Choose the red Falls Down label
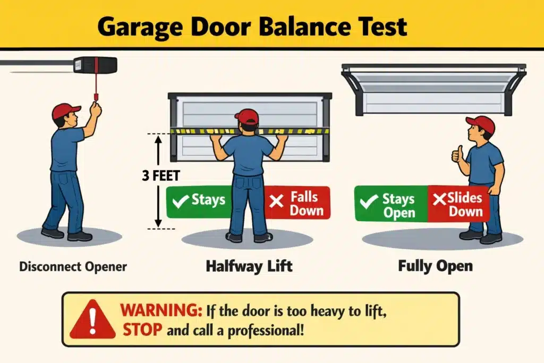coord(297,203)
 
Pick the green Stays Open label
coord(392,206)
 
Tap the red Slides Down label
coord(458,205)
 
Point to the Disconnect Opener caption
coord(73,266)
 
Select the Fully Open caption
coord(435,266)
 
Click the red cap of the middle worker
coord(247,116)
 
